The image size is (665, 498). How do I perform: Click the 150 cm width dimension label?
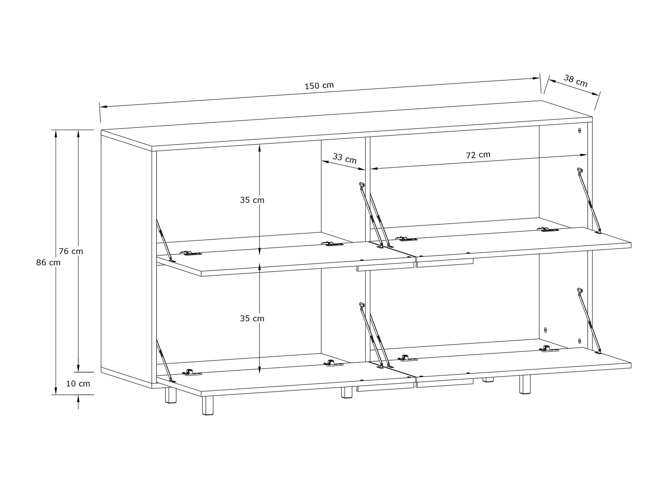click(319, 86)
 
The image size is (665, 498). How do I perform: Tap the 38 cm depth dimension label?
click(576, 81)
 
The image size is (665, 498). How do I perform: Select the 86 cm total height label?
click(48, 263)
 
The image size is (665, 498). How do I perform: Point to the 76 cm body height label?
click(71, 251)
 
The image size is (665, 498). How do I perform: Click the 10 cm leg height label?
click(78, 384)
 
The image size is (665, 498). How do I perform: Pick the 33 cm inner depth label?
click(344, 158)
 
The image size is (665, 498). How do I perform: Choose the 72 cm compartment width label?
click(478, 155)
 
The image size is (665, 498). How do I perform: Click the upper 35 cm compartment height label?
click(252, 200)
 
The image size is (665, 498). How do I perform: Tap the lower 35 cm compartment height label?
click(252, 319)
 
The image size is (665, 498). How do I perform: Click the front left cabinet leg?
click(207, 405)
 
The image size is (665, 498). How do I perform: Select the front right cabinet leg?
click(524, 384)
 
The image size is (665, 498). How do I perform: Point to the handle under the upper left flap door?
click(386, 268)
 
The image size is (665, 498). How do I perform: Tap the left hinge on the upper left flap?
click(191, 253)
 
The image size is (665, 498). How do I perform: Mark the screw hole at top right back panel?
click(580, 131)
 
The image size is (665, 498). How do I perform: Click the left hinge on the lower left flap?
click(193, 373)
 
